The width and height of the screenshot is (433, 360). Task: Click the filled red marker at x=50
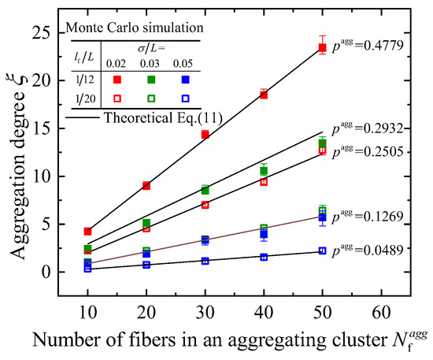coord(322,47)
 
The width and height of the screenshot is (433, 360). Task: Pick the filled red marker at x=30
coord(205,135)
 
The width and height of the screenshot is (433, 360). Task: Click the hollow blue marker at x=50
coord(322,251)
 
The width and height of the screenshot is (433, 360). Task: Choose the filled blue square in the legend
coord(185,80)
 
